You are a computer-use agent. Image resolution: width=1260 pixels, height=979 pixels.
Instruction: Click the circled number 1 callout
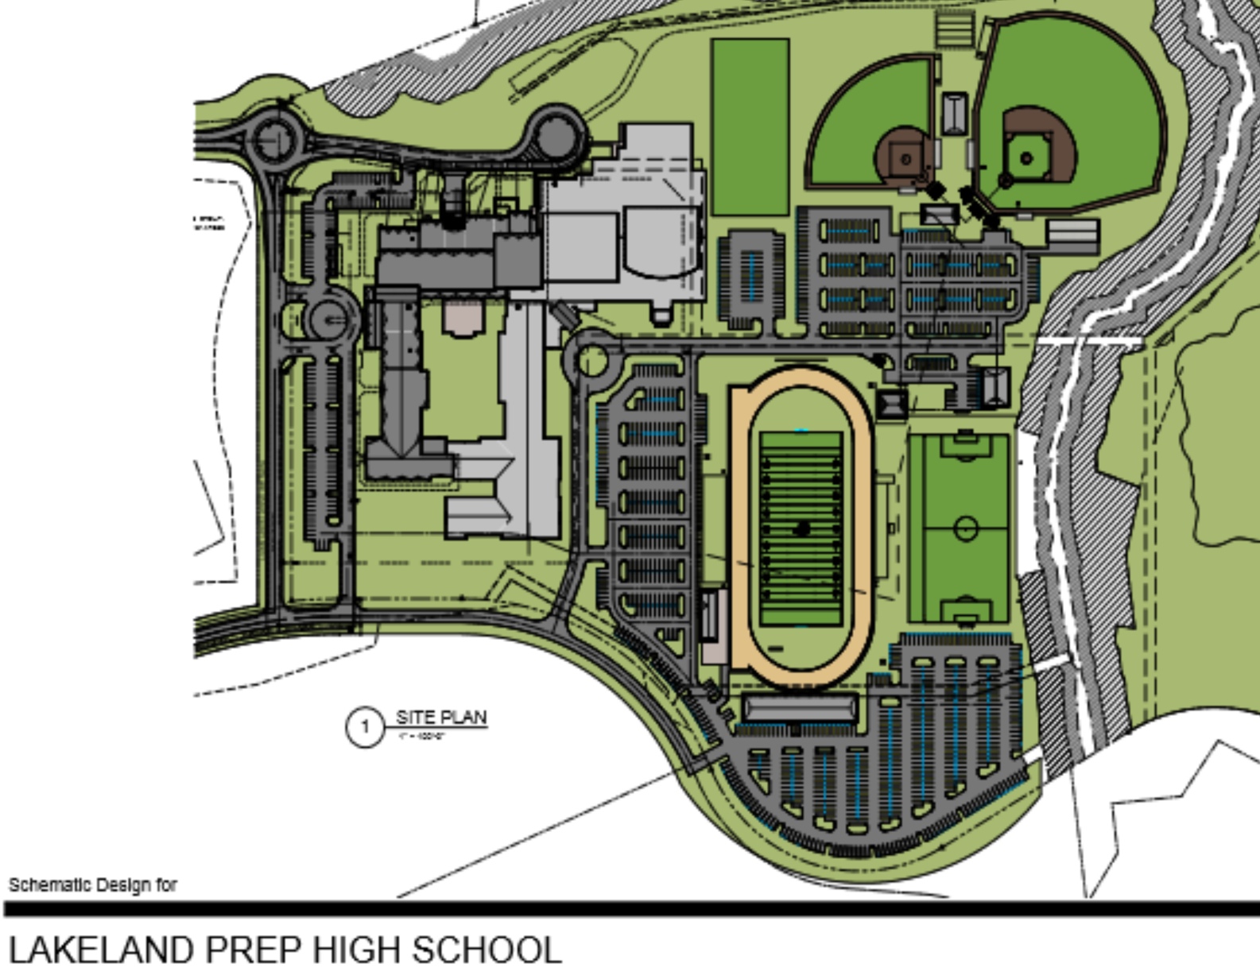coord(365,726)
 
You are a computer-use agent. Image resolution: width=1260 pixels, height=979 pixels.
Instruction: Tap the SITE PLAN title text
coord(441,718)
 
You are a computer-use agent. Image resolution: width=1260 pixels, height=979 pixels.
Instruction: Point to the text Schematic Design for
coord(92,884)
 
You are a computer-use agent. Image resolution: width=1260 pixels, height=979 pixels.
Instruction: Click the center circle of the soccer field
coord(965,528)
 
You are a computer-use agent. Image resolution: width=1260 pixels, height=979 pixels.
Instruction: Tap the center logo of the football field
coord(802,528)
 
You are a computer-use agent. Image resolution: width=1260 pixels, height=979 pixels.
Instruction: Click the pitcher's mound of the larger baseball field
coord(1026,158)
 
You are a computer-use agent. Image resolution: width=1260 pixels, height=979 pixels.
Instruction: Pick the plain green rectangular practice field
coord(750,127)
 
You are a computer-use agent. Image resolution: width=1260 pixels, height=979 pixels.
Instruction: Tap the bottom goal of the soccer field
coord(965,617)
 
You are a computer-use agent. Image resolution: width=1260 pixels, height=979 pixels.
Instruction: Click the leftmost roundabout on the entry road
coord(276,141)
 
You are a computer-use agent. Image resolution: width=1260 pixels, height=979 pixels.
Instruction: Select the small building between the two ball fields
coord(954,113)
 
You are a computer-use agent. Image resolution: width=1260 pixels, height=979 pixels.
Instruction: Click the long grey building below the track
coord(800,707)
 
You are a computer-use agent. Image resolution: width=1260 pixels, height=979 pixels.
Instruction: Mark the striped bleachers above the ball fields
coord(954,29)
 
